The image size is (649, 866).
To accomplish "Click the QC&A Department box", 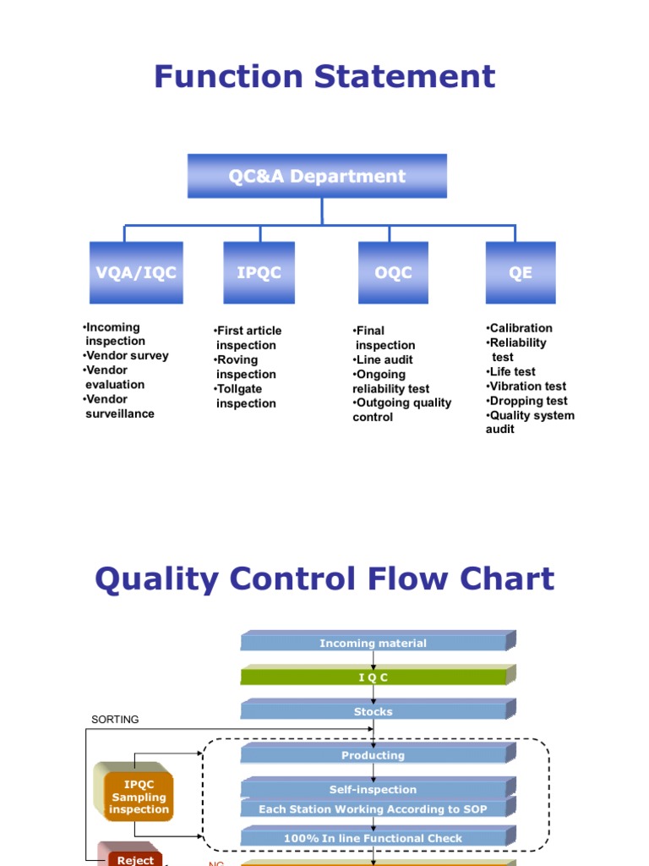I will tap(317, 176).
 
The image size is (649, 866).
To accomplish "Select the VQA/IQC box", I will tap(136, 273).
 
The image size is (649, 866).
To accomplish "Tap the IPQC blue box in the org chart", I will tap(259, 273).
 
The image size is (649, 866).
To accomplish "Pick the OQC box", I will tap(393, 273).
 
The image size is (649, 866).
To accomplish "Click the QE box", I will tap(521, 273).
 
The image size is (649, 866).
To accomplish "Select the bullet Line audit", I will tap(383, 360).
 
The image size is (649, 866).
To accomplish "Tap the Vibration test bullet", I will tap(526, 386).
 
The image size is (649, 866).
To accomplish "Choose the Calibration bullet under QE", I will tap(520, 328).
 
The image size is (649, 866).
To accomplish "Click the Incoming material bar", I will tap(373, 644).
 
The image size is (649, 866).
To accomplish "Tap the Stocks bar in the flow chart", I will tap(373, 712).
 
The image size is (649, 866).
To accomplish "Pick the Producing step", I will tap(373, 756).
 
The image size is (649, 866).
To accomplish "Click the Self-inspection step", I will tap(373, 790).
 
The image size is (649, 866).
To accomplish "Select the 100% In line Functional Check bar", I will tap(373, 839).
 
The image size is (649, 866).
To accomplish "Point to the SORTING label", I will tap(115, 720).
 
